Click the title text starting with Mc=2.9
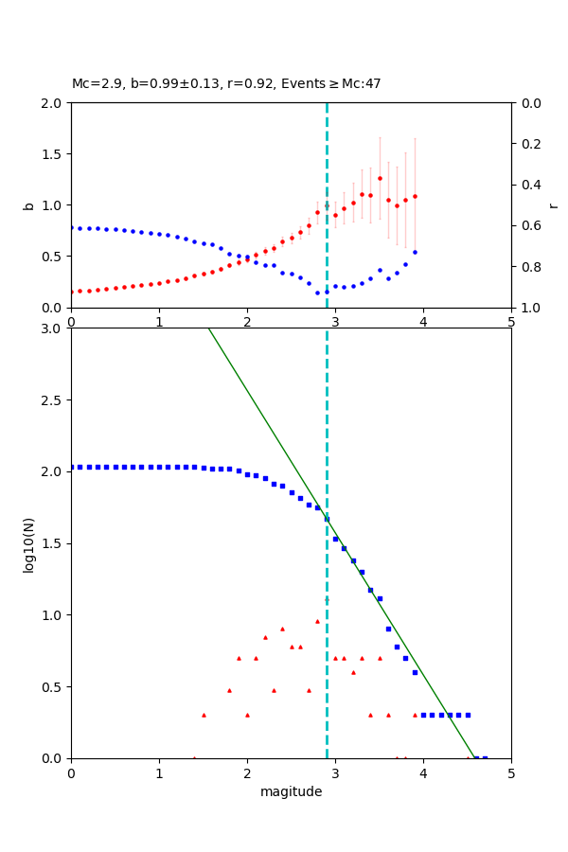(226, 83)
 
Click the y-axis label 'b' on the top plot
(28, 205)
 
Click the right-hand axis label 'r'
(553, 205)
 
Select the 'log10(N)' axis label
(28, 543)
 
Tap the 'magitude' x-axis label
(291, 791)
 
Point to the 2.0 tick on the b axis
(52, 102)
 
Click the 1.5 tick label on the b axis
(52, 153)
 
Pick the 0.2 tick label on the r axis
(530, 144)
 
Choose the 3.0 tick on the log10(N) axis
(52, 328)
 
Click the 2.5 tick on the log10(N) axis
(52, 400)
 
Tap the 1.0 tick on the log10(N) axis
(52, 615)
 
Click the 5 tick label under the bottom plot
(511, 773)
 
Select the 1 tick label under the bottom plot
(159, 773)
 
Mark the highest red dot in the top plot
(380, 178)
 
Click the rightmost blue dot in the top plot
(415, 252)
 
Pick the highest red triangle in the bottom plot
(317, 621)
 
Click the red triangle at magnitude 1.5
(204, 715)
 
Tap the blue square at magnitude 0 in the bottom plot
(71, 467)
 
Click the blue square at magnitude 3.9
(415, 672)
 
